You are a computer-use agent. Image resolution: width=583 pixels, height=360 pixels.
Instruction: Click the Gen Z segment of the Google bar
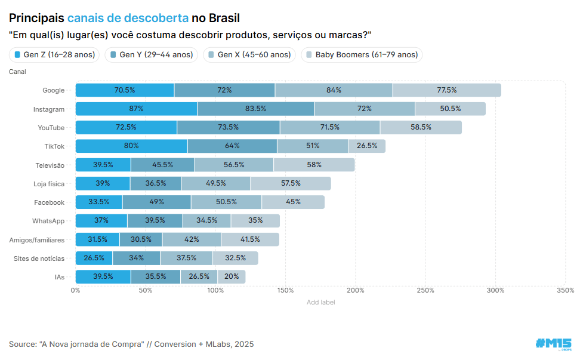pos(125,90)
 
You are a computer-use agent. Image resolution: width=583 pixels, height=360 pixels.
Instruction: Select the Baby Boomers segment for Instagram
pos(450,109)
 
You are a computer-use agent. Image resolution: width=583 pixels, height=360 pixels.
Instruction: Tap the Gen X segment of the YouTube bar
pos(329,127)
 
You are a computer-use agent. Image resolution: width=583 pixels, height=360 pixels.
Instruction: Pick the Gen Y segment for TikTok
pos(232,146)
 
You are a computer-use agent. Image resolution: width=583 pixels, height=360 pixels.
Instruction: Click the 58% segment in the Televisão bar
pos(314,165)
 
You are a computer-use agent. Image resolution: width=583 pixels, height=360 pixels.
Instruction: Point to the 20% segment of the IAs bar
pos(232,276)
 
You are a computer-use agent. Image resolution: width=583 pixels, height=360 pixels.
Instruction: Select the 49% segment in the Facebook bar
pos(156,202)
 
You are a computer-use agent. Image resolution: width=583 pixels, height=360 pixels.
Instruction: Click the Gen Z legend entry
pos(54,55)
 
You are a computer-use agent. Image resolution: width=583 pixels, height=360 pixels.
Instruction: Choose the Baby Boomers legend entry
pos(362,55)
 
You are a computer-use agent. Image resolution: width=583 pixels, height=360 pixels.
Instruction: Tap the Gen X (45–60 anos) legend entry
pos(249,55)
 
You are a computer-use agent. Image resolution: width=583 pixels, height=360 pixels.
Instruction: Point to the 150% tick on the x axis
pos(286,291)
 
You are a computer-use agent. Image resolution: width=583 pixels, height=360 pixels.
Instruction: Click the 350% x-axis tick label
pos(565,291)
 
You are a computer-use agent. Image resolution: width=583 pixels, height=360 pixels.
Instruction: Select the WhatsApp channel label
pos(48,221)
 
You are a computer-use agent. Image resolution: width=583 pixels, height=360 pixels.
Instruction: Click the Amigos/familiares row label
pos(37,239)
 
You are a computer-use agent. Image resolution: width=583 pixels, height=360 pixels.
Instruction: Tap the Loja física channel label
pos(49,183)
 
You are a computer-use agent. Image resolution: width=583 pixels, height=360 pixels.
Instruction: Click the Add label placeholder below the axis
pos(320,302)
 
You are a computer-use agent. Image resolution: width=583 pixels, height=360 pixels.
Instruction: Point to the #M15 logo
pos(553,343)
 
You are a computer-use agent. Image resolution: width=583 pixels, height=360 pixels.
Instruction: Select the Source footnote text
pos(131,344)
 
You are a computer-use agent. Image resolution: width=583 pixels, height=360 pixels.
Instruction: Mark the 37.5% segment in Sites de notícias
pos(186,258)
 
